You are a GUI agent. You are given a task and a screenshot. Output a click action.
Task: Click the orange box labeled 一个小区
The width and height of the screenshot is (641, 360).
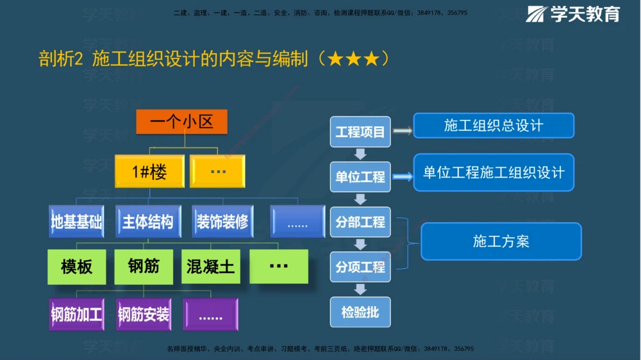[181, 122]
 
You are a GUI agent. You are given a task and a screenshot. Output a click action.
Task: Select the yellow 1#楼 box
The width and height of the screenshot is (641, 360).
[149, 172]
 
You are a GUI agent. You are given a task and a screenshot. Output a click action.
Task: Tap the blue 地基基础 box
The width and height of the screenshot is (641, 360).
[76, 222]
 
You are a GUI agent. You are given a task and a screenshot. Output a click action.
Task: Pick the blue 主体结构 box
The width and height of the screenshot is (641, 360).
[147, 222]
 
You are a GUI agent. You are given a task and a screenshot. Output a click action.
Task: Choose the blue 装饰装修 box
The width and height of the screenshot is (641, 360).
[222, 222]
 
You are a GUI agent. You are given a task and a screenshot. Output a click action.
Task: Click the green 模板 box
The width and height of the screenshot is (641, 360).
[76, 266]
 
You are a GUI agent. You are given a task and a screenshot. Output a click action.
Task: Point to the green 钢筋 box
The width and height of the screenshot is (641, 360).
[144, 266]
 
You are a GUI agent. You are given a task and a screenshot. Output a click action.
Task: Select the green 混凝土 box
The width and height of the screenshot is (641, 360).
[210, 266]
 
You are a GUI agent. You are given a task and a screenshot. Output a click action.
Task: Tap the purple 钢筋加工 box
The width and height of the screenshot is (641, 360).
[76, 314]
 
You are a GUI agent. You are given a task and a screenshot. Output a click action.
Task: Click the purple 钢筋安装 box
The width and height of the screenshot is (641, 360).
[144, 314]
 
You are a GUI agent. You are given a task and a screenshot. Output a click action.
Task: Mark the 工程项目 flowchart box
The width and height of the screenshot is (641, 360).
[360, 132]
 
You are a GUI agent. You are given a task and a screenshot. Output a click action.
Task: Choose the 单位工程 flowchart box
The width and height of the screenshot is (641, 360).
[360, 176]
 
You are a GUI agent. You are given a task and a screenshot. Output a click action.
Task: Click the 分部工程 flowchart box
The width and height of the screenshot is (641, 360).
[360, 222]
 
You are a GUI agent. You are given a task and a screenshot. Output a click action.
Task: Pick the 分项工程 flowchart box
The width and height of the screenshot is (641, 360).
[360, 266]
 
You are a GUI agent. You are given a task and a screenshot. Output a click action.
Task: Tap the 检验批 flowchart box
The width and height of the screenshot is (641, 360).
[360, 312]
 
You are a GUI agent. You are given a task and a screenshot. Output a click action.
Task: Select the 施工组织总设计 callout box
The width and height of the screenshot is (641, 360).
[494, 126]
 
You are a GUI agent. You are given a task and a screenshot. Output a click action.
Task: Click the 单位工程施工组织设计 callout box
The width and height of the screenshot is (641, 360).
[494, 172]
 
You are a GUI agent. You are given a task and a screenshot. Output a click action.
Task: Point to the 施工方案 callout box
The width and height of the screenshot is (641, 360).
[501, 241]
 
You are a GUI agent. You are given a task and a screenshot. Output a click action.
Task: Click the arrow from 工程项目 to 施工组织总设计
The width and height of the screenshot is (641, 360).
[402, 131]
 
